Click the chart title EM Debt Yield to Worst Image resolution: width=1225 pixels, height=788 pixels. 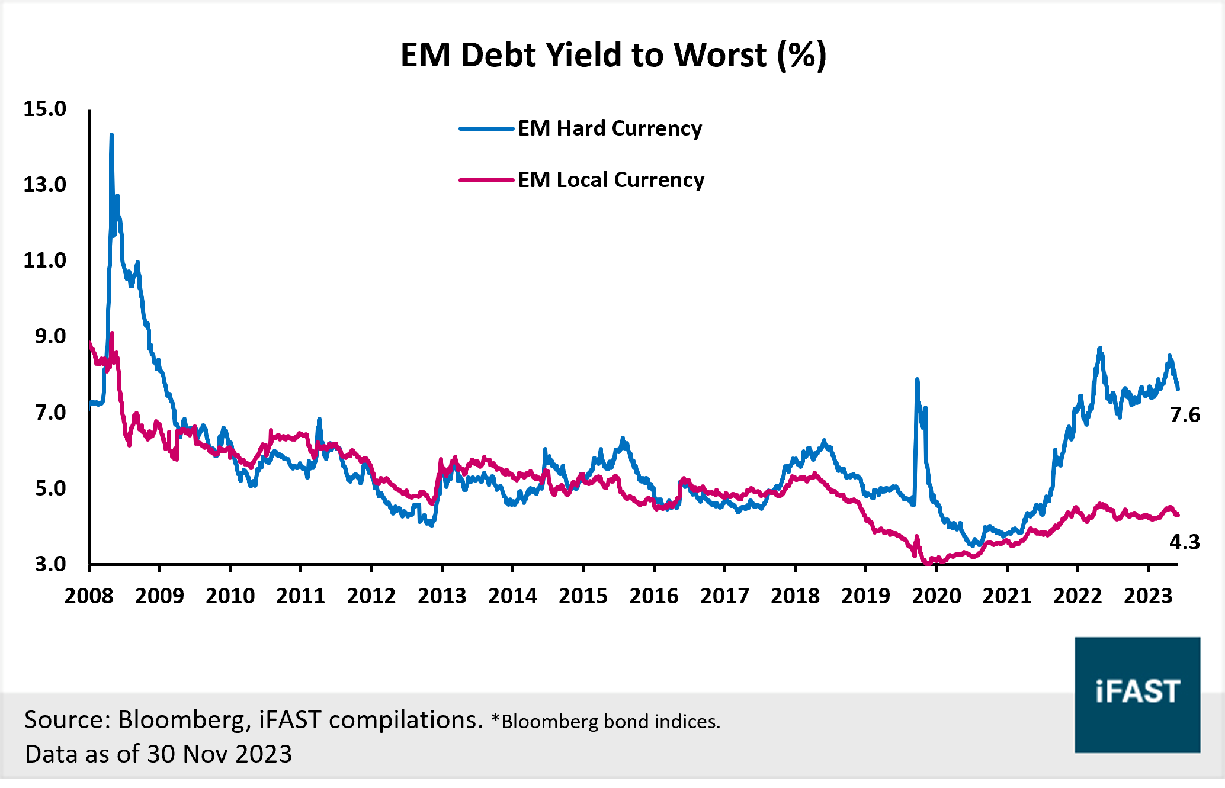[x=612, y=55]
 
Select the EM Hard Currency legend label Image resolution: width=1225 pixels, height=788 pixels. [x=610, y=128]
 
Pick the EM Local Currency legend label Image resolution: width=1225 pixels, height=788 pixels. [x=611, y=180]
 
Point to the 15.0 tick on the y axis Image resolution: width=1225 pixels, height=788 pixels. [x=44, y=109]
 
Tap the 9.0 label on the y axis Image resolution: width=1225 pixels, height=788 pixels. [x=50, y=336]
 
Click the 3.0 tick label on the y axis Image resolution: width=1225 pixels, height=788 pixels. [x=50, y=564]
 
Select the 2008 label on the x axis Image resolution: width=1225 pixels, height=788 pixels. [x=89, y=596]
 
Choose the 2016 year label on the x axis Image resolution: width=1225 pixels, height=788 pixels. [x=654, y=596]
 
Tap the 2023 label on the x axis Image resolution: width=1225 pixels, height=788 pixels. [x=1148, y=596]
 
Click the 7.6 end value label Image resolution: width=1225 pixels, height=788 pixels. [x=1185, y=415]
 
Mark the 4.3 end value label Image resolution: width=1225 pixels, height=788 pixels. [x=1185, y=542]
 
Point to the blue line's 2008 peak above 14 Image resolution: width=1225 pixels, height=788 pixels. [x=111, y=136]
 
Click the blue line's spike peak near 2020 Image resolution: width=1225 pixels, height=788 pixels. [x=917, y=380]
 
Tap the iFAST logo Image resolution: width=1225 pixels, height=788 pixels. [x=1137, y=694]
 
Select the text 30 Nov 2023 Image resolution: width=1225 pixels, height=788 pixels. [x=220, y=754]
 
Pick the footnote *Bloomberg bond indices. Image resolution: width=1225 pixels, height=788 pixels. [x=606, y=722]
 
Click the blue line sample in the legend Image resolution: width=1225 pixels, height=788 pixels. [x=486, y=128]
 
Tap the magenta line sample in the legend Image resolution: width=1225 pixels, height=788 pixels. [x=486, y=180]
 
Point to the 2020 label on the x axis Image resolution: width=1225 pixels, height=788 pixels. [x=936, y=596]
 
